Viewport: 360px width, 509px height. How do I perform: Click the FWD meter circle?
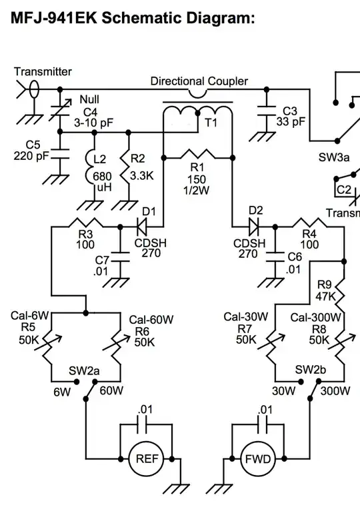[257, 459]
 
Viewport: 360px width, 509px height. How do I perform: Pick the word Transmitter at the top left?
[43, 71]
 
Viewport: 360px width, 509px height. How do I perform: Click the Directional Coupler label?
[199, 81]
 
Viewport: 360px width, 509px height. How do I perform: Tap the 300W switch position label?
[335, 391]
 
